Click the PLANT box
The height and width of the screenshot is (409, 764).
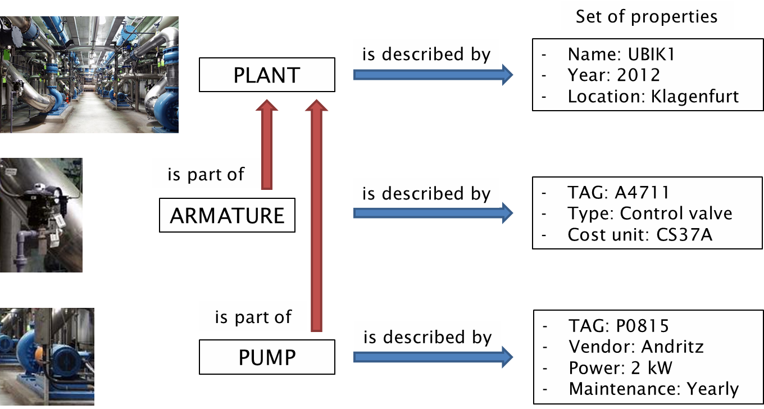tap(267, 75)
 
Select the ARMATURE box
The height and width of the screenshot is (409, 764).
tap(227, 215)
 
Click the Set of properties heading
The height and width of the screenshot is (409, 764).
tap(647, 16)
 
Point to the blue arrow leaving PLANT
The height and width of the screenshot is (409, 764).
tap(433, 74)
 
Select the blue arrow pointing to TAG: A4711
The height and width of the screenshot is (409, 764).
tap(433, 213)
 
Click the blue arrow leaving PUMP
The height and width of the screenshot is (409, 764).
tap(433, 357)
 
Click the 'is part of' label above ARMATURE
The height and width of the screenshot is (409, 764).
tap(206, 174)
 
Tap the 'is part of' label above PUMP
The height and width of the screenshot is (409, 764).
tap(253, 317)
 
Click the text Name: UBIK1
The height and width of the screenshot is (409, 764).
tap(621, 54)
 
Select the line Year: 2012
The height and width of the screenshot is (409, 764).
tap(613, 75)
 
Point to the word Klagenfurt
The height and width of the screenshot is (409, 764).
tap(695, 96)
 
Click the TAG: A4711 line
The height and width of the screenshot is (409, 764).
tap(619, 193)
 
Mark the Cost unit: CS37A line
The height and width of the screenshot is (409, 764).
tap(640, 234)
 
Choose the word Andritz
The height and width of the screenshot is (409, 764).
tap(672, 347)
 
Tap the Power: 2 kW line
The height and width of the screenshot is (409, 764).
tap(620, 367)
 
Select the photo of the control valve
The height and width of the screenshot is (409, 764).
tap(41, 215)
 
